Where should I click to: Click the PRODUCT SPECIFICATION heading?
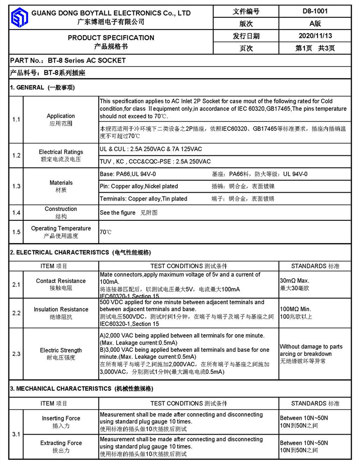click(x=111, y=37)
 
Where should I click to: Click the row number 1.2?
click(x=16, y=155)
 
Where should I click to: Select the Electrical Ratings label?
click(x=61, y=152)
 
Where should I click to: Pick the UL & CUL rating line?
click(x=151, y=149)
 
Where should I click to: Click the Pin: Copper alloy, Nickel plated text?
click(x=139, y=186)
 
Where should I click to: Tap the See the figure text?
click(x=118, y=212)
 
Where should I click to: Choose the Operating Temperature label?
click(x=61, y=228)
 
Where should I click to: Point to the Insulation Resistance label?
click(x=61, y=309)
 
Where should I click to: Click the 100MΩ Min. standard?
click(x=295, y=309)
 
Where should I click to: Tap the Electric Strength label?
click(x=61, y=350)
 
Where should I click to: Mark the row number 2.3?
click(x=16, y=354)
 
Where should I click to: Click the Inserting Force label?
click(x=61, y=418)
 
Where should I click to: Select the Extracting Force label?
click(x=61, y=443)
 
